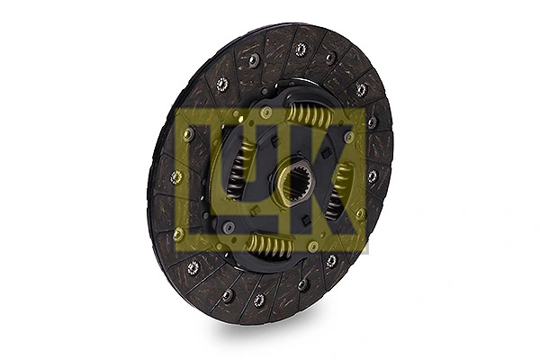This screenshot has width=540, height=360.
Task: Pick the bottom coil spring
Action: (x=268, y=246)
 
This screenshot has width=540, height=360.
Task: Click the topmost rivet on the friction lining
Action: (x=301, y=49)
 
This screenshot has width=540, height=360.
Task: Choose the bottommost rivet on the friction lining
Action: (x=259, y=300)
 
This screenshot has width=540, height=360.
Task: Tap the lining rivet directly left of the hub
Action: (x=176, y=177)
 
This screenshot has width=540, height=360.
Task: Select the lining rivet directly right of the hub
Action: (x=373, y=175)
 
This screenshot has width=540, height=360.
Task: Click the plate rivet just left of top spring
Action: (x=266, y=112)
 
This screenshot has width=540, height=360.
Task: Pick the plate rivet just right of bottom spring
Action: (x=313, y=246)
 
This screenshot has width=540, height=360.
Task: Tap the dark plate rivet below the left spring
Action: (x=229, y=227)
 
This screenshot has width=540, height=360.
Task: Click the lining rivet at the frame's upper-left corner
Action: (x=188, y=133)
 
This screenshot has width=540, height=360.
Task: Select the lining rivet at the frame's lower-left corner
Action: (x=179, y=232)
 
